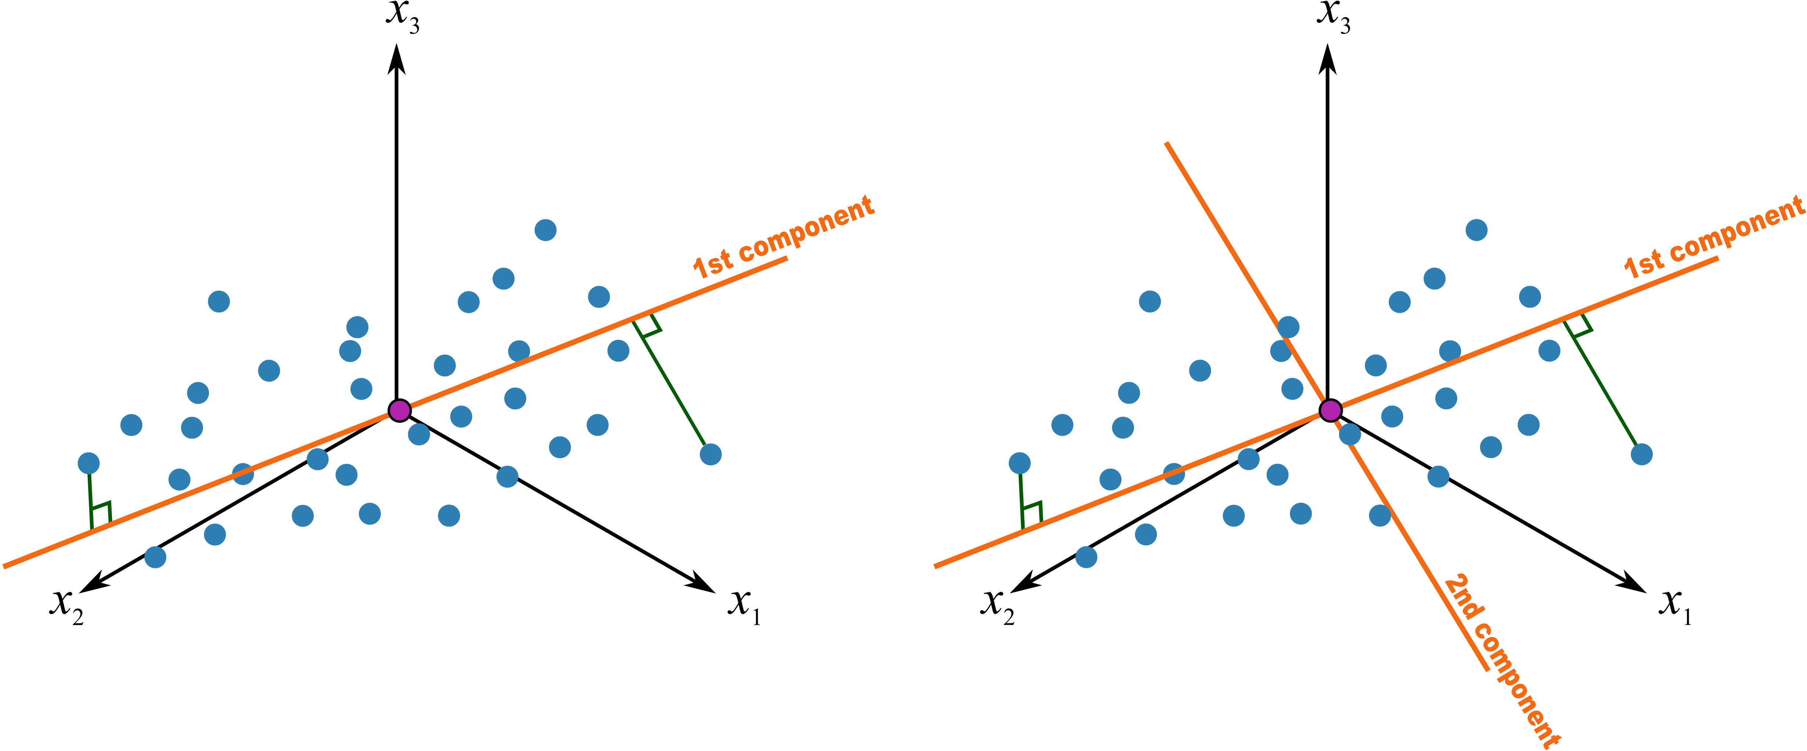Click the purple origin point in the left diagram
399,410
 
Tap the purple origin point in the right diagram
1330,410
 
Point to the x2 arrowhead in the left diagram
95,582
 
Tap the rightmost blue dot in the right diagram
1641,454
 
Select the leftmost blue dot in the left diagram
88,463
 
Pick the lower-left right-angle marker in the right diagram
1031,514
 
